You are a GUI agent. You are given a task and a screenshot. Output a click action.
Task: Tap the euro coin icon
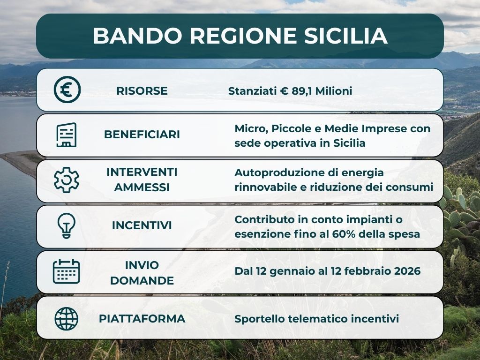67,90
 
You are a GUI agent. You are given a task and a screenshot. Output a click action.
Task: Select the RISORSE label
142,90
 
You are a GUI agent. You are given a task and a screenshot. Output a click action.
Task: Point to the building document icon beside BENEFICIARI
67,135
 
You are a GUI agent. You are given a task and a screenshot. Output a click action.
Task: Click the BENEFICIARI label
142,135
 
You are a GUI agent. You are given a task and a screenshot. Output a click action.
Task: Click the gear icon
67,180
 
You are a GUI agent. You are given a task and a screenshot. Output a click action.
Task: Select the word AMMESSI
142,187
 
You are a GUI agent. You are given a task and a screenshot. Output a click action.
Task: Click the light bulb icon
67,226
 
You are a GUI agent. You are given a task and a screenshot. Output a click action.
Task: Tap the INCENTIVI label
142,225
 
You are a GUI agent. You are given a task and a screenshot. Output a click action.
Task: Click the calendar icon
67,271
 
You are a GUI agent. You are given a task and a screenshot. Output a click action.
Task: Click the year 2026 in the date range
406,271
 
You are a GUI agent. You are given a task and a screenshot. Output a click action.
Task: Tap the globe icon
67,319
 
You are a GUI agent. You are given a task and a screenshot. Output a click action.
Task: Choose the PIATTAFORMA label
142,319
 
